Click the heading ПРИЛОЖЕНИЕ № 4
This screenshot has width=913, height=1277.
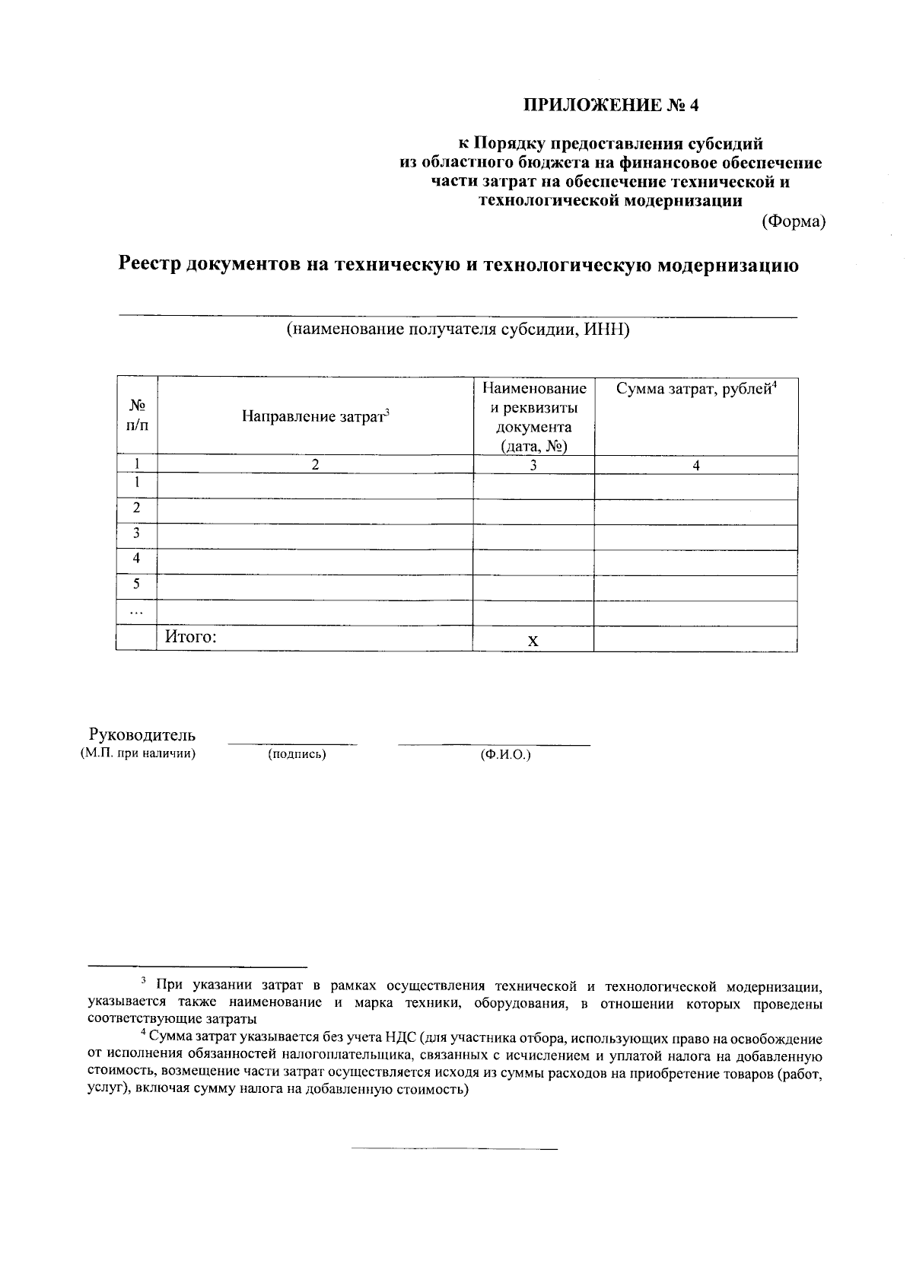[x=610, y=105]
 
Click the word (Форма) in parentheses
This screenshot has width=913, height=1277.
[x=794, y=221]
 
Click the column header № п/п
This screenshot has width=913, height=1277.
[x=136, y=416]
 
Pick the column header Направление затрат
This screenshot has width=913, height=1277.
[x=315, y=416]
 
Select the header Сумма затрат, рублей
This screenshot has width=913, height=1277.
[x=695, y=389]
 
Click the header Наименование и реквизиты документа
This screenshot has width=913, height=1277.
[x=533, y=417]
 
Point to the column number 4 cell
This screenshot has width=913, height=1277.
[x=695, y=466]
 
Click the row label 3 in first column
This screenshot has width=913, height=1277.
[x=136, y=533]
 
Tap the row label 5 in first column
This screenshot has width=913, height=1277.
[x=136, y=584]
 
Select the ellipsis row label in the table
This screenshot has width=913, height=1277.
[x=136, y=611]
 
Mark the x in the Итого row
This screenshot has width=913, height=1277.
[x=533, y=641]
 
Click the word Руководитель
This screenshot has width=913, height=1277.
[x=142, y=735]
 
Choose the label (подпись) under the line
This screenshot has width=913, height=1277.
[x=297, y=754]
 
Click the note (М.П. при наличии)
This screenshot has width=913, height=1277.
[x=138, y=753]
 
